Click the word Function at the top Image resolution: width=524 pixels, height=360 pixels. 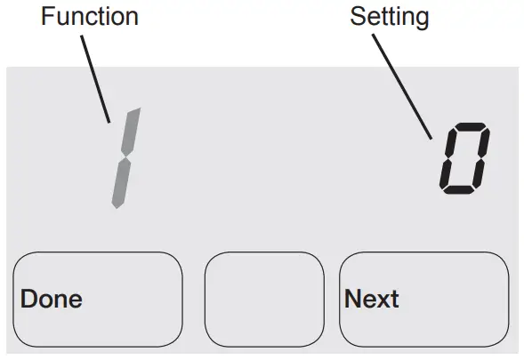89,17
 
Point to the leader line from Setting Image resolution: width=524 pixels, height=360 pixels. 405,84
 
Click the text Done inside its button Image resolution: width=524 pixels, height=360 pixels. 51,299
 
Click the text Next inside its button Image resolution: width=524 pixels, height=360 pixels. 372,299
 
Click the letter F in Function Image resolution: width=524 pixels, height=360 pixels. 46,17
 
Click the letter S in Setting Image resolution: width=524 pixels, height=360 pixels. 357,17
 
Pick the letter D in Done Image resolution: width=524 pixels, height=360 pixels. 28,299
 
